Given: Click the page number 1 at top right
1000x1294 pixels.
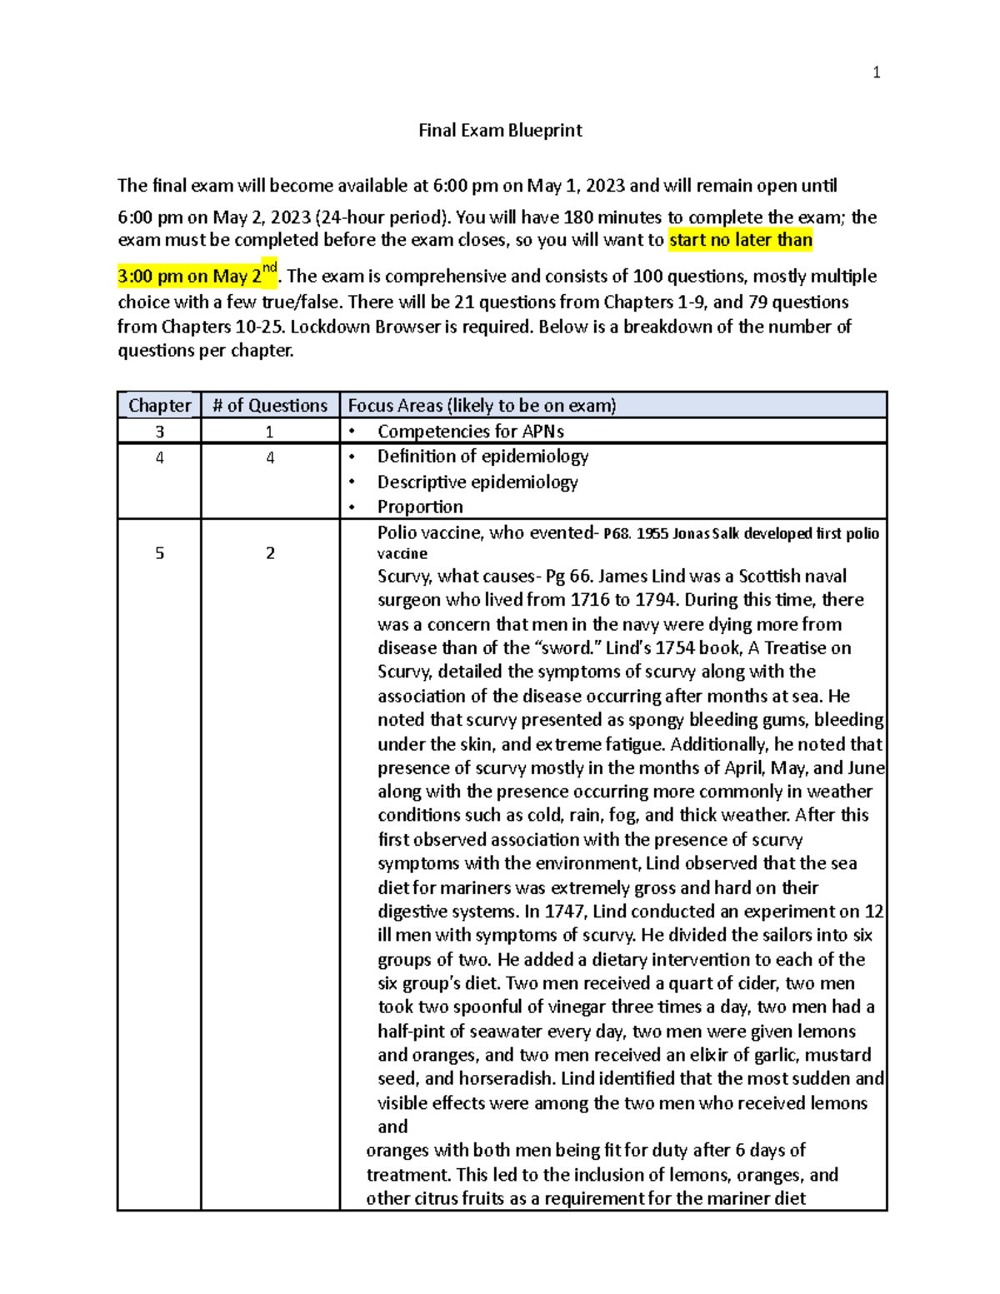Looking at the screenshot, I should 876,72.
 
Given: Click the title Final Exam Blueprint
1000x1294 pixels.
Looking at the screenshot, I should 500,130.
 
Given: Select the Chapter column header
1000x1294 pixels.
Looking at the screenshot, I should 159,406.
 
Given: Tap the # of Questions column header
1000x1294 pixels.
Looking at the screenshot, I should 270,406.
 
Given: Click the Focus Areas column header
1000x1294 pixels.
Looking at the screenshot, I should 482,406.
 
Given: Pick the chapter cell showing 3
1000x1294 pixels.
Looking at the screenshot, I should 159,432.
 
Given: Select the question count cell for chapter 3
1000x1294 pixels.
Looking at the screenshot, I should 270,432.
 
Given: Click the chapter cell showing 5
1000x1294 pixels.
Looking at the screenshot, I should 159,553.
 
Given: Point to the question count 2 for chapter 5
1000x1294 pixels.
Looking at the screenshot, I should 270,553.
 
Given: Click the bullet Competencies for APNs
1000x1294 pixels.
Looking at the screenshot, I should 470,432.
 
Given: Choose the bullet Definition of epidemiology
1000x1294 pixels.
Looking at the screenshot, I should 482,457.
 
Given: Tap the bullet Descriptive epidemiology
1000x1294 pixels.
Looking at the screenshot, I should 477,482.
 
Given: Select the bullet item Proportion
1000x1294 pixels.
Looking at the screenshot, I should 420,507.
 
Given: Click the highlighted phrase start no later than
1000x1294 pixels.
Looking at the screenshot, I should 741,241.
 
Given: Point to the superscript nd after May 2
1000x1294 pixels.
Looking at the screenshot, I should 269,267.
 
